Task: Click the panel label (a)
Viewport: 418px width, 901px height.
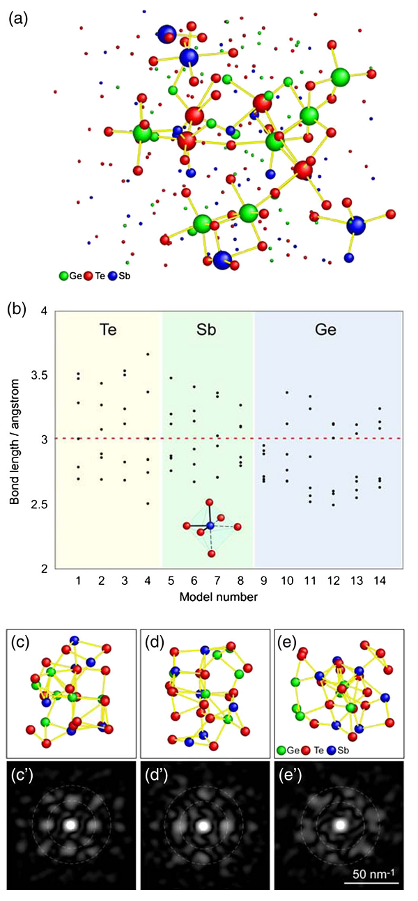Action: (x=17, y=19)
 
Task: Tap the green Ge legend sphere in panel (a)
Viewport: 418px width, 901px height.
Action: (x=64, y=276)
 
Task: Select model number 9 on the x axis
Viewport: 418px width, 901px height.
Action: (x=263, y=581)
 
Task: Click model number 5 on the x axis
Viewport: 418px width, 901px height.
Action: (x=171, y=581)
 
